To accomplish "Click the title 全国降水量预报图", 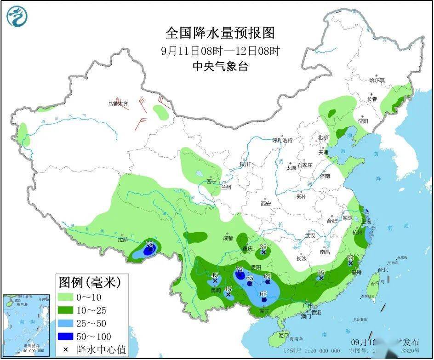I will pos(220,33).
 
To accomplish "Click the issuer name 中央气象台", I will pos(220,67).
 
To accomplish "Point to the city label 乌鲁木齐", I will pos(118,104).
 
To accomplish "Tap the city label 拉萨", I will pos(123,240).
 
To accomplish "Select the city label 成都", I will pos(228,238).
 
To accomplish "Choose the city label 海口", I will pos(284,335).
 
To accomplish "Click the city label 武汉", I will pos(310,235).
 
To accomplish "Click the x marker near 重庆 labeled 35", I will pos(263,252).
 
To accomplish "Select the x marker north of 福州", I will pos(350,263).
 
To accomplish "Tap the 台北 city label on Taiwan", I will pos(383,270).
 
